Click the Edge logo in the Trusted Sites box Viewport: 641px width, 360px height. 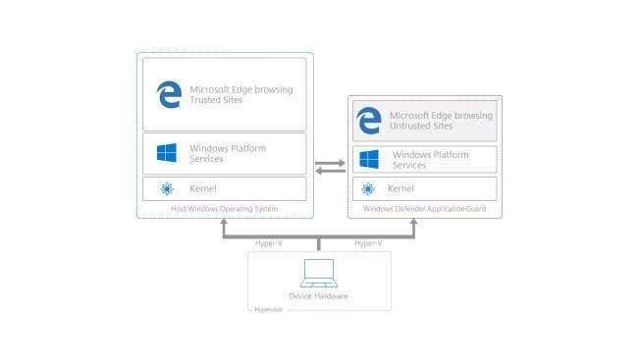click(169, 94)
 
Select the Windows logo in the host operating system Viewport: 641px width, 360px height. click(167, 153)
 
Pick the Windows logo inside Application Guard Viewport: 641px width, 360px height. click(369, 160)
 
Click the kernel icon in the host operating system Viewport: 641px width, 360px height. click(165, 188)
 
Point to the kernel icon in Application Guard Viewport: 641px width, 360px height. click(369, 189)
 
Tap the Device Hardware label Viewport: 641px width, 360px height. click(319, 294)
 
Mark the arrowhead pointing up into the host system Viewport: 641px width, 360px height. click(224, 223)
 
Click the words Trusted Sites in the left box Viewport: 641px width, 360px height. click(218, 100)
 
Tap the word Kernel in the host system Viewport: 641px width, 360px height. click(203, 188)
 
